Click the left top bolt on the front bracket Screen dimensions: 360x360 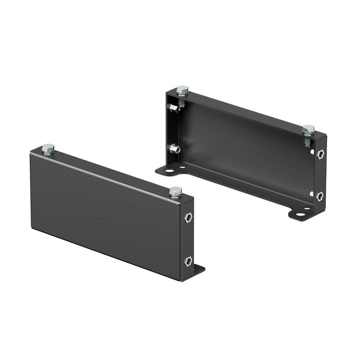pos(48,148)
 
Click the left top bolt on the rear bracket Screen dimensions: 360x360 pos(182,90)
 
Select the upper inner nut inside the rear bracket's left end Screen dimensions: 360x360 pos(173,108)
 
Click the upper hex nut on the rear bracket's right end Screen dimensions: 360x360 pos(320,154)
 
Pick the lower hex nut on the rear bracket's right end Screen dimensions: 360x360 pos(319,196)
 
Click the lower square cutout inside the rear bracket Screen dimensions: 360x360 pos(311,193)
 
